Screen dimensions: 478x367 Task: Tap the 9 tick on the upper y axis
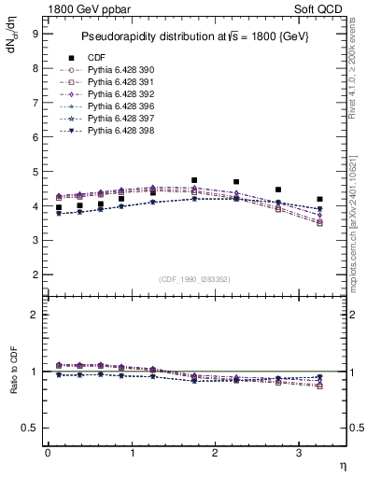click(35, 35)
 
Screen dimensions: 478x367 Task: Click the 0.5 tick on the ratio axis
click(31, 428)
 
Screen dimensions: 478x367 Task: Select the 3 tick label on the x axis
click(299, 453)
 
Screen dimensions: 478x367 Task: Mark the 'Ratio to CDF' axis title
click(14, 385)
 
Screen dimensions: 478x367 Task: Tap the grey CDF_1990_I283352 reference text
click(195, 277)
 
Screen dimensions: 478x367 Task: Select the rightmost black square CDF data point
click(320, 199)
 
